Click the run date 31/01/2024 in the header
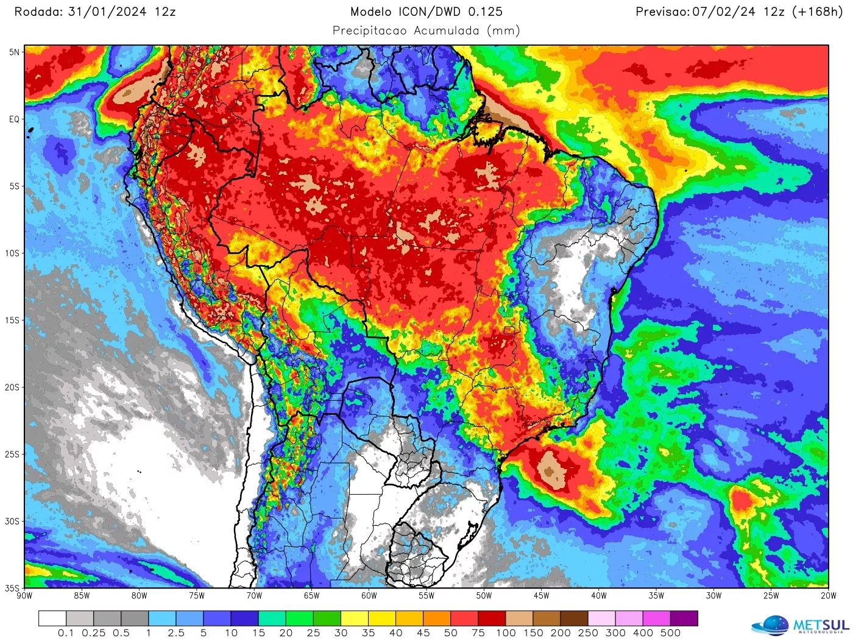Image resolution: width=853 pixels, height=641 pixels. [x=107, y=12]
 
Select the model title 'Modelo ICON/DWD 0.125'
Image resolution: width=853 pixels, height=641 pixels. [x=426, y=12]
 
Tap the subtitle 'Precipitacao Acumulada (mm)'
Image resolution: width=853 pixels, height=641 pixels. [x=426, y=30]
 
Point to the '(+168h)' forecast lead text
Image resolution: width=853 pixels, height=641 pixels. [x=816, y=12]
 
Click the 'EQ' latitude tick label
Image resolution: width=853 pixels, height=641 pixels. [x=14, y=119]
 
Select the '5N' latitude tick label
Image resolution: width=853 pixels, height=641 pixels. [x=14, y=52]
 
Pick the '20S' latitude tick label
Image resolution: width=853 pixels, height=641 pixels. [x=13, y=388]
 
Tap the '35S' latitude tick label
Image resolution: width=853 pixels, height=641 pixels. [x=13, y=588]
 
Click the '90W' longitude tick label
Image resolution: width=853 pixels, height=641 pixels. [x=24, y=596]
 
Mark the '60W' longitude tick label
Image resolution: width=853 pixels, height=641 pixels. [x=369, y=596]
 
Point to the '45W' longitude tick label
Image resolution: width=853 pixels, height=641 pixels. [x=541, y=596]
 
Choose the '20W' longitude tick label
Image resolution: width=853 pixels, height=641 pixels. [x=828, y=596]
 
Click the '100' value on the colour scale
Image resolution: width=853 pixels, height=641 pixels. [x=506, y=633]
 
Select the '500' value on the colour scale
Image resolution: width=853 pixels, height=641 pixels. [x=670, y=633]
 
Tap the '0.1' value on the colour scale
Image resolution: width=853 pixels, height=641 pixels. [x=66, y=633]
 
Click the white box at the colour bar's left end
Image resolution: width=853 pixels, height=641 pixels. [x=52, y=619]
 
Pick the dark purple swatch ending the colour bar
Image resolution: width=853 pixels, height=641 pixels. [x=684, y=619]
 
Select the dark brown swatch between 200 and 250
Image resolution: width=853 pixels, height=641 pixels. [x=574, y=619]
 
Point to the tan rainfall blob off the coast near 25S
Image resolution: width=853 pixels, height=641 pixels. [x=552, y=471]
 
